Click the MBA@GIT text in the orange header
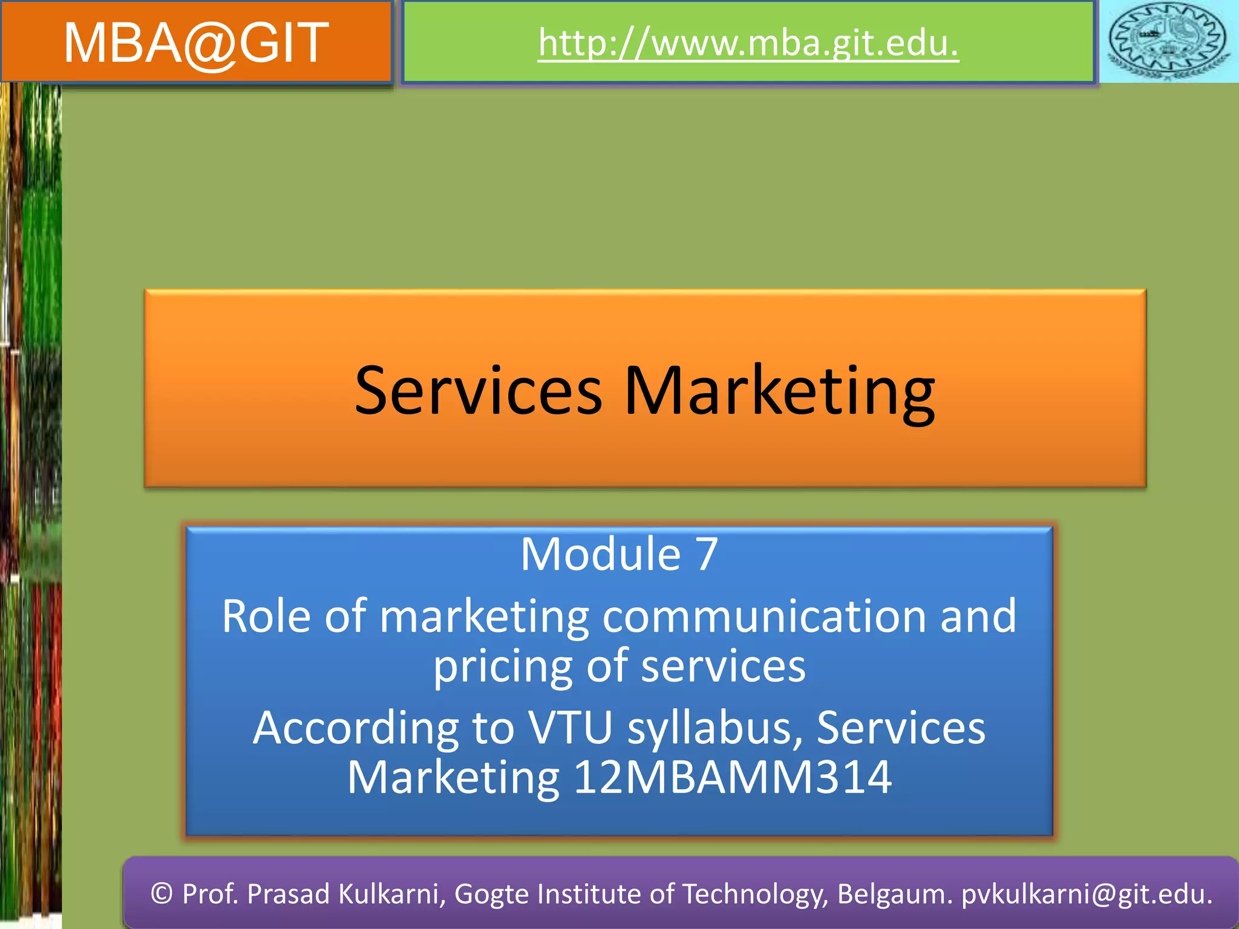[196, 42]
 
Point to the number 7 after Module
[706, 554]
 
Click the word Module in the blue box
[600, 554]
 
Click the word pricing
[502, 667]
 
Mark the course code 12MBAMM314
[732, 777]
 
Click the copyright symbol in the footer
[162, 894]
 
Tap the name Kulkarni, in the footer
[393, 894]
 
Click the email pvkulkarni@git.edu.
[1087, 894]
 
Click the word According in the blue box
[356, 728]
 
